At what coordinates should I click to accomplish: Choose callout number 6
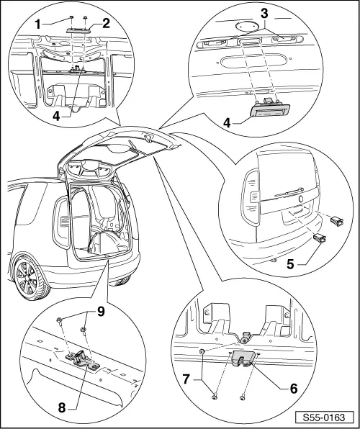coord(293,387)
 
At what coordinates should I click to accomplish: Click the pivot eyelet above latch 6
coord(246,335)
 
